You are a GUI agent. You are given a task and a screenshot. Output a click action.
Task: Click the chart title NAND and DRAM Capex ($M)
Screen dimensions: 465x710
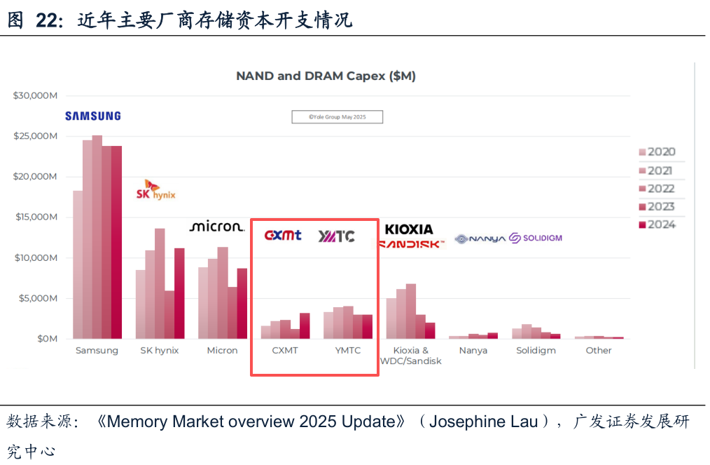[x=326, y=76]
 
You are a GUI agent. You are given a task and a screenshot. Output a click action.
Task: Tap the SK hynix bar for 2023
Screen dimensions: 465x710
[x=170, y=315]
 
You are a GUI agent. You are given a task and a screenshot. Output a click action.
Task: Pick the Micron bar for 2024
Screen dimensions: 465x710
[x=242, y=304]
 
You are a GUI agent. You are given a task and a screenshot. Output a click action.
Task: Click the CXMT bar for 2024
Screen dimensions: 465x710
[x=305, y=326]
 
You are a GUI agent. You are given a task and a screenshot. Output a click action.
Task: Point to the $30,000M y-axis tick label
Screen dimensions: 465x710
[x=35, y=95]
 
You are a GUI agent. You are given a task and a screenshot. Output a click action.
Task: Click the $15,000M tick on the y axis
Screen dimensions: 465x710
[x=36, y=217]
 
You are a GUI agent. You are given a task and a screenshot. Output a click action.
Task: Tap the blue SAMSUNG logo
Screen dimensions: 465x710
[x=93, y=116]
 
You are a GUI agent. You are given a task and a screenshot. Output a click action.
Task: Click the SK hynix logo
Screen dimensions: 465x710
[x=155, y=190]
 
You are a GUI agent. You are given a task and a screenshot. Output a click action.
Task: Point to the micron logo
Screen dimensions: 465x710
[x=216, y=227]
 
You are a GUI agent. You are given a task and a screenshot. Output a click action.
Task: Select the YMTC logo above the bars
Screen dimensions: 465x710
[x=337, y=236]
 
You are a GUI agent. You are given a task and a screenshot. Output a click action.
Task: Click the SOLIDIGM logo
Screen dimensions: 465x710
[x=536, y=238]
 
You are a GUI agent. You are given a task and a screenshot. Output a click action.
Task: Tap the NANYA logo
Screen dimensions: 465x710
[x=480, y=239]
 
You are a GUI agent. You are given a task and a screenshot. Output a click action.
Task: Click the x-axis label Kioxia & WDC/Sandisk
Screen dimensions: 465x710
[x=411, y=356]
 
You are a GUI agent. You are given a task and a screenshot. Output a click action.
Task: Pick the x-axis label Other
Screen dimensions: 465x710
[x=599, y=351]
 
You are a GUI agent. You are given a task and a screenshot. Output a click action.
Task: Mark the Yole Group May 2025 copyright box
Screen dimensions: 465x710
[x=337, y=117]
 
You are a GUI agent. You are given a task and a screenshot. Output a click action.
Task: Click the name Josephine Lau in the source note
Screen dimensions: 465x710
[x=483, y=422]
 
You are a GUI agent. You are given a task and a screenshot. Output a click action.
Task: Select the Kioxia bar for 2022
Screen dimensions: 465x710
[x=411, y=311]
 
